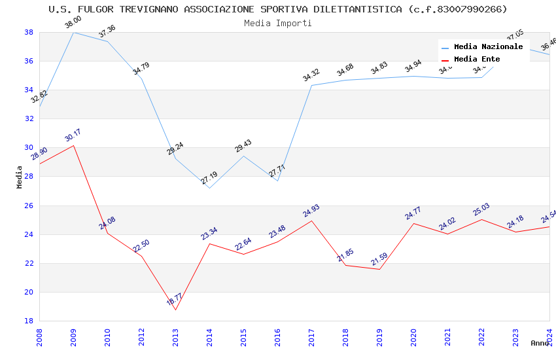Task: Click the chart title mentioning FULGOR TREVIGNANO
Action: pyautogui.click(x=278, y=9)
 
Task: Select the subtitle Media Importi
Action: pyautogui.click(x=278, y=23)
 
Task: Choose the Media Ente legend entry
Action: pyautogui.click(x=477, y=60)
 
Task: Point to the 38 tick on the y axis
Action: pyautogui.click(x=29, y=32)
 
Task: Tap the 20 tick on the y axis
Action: pyautogui.click(x=29, y=292)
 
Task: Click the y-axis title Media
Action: pyautogui.click(x=20, y=177)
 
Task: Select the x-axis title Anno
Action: pyautogui.click(x=540, y=343)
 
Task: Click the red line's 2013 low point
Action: pyautogui.click(x=175, y=310)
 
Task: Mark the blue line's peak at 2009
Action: pyautogui.click(x=73, y=32)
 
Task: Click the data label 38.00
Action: pyautogui.click(x=73, y=23)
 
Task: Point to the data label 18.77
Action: pyautogui.click(x=175, y=300)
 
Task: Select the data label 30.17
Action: pyautogui.click(x=73, y=135)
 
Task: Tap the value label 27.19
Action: pyautogui.click(x=209, y=178)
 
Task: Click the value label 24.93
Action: pyautogui.click(x=311, y=211)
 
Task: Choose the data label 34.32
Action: pyautogui.click(x=311, y=75)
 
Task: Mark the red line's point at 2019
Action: pyautogui.click(x=379, y=269)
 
